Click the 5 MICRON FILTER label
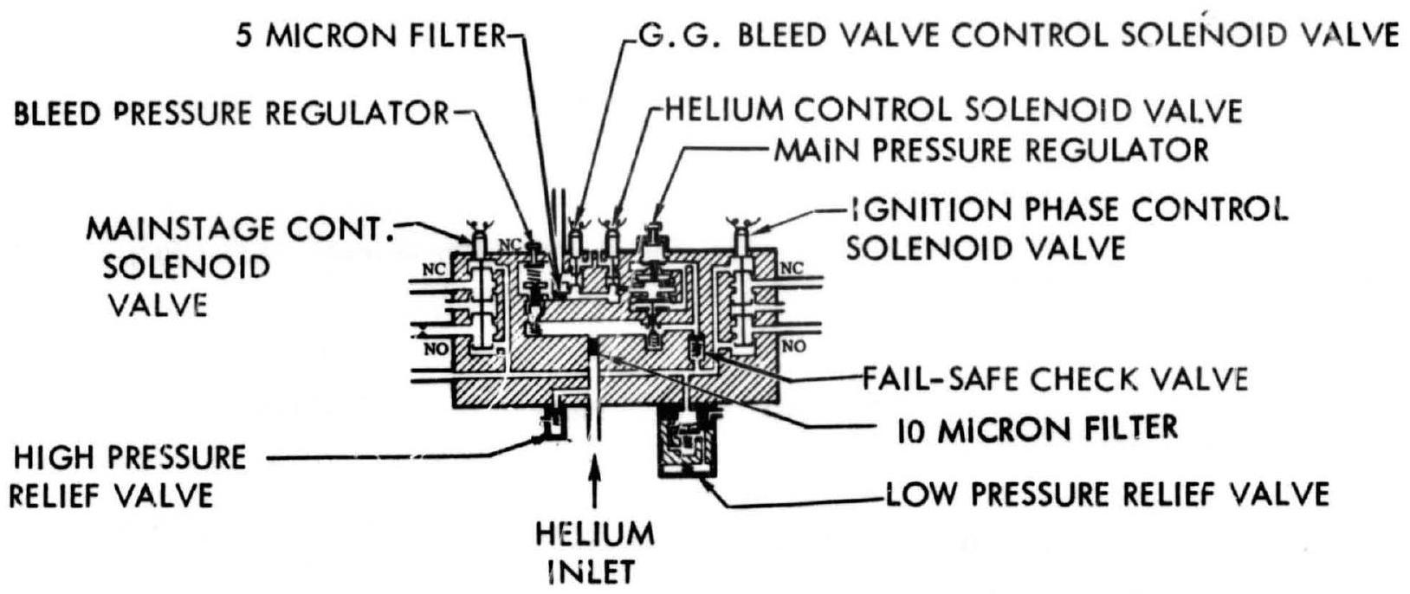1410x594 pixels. click(370, 36)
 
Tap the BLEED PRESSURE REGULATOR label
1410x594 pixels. click(231, 113)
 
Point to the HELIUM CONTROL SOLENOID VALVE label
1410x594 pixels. click(953, 111)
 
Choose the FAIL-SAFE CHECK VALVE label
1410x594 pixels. click(1055, 378)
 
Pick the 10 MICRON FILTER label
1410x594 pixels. click(1037, 428)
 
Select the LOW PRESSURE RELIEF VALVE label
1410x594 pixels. click(1106, 494)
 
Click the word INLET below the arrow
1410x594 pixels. click(594, 571)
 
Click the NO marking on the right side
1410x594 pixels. click(793, 346)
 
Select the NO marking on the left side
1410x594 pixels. click(435, 348)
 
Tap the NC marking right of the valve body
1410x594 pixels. click(792, 268)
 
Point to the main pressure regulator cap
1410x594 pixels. click(657, 232)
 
